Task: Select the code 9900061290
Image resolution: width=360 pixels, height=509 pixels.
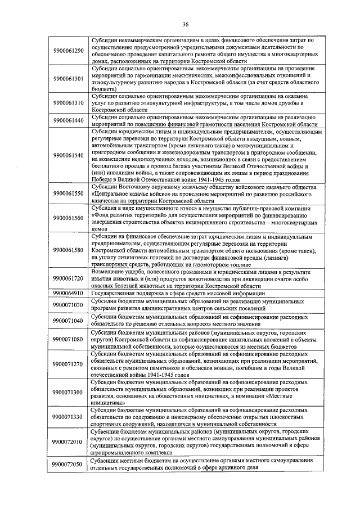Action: click(x=67, y=51)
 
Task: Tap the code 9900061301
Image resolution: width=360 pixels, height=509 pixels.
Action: click(x=67, y=78)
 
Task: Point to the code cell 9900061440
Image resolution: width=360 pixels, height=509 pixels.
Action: click(x=67, y=120)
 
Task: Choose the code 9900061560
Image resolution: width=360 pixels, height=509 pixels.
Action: click(x=67, y=218)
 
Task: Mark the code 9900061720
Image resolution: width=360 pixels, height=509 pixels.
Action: click(x=67, y=278)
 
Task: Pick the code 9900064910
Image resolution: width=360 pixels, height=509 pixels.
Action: click(x=67, y=293)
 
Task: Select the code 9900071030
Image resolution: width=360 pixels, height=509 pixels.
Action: click(x=67, y=305)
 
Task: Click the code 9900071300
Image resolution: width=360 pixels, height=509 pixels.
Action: click(x=67, y=391)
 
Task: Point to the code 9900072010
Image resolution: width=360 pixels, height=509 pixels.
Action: click(x=67, y=442)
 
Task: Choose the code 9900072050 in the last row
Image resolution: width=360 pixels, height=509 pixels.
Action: click(x=67, y=464)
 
